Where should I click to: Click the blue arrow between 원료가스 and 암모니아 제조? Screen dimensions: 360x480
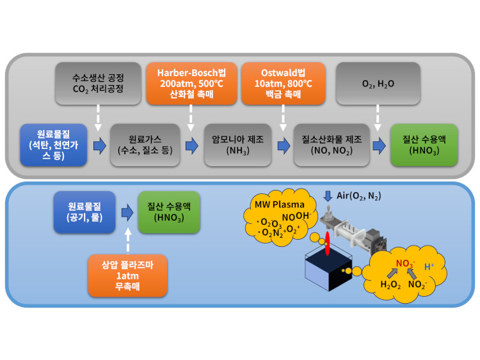click(x=191, y=146)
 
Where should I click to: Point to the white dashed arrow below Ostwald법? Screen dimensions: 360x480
click(x=284, y=116)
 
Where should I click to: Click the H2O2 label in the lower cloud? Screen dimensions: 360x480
click(x=390, y=285)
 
